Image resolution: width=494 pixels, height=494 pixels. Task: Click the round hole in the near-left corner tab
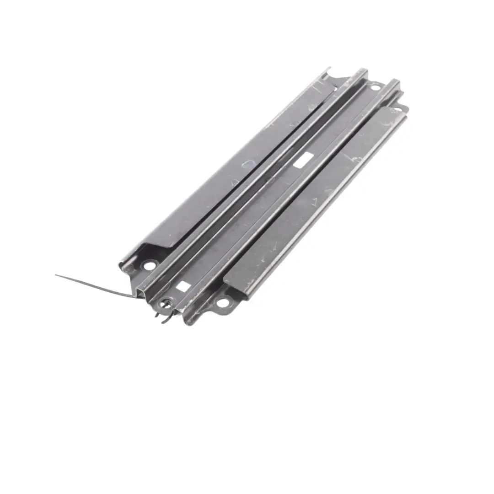[150, 265]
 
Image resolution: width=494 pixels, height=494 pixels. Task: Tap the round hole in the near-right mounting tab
[223, 302]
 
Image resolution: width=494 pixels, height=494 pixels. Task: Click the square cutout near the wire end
[183, 286]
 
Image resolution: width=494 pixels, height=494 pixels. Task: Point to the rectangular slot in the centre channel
[303, 160]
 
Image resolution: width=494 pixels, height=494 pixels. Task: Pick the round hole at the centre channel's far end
[375, 86]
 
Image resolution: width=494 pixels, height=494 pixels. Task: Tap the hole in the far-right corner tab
[397, 110]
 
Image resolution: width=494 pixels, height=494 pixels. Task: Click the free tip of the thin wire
[56, 275]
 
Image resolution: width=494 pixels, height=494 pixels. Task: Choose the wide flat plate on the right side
[316, 201]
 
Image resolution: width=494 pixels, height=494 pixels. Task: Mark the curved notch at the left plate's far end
[336, 81]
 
